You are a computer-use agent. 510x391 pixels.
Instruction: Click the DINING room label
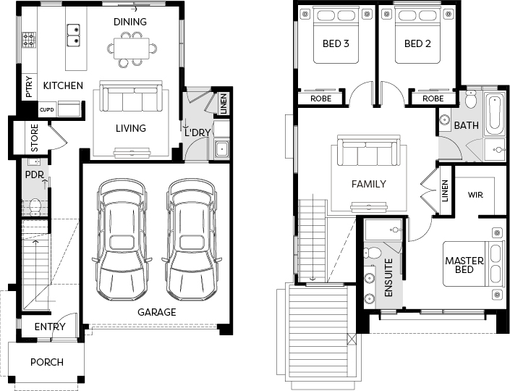[x=130, y=22]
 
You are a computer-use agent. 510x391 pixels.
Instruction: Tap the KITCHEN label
[x=63, y=85]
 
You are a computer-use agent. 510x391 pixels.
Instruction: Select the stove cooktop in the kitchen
[x=29, y=40]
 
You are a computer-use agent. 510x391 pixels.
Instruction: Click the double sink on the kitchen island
[x=74, y=35]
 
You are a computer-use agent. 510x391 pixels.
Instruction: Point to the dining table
[x=132, y=49]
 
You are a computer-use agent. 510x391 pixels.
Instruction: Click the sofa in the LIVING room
[x=131, y=97]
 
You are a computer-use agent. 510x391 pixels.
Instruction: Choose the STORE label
[x=35, y=138]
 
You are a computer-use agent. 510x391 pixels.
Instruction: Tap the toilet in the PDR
[x=35, y=207]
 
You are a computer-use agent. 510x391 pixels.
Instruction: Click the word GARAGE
[x=157, y=312]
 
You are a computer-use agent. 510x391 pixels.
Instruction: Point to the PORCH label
[x=47, y=362]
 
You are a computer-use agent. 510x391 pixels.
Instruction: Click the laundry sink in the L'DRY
[x=222, y=149]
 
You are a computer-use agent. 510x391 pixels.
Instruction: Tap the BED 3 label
[x=336, y=43]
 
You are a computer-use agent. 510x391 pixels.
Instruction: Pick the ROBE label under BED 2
[x=433, y=98]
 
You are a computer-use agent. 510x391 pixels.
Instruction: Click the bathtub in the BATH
[x=494, y=114]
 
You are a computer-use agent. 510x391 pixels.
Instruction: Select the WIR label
[x=475, y=195]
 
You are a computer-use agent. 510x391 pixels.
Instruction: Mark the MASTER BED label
[x=464, y=265]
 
